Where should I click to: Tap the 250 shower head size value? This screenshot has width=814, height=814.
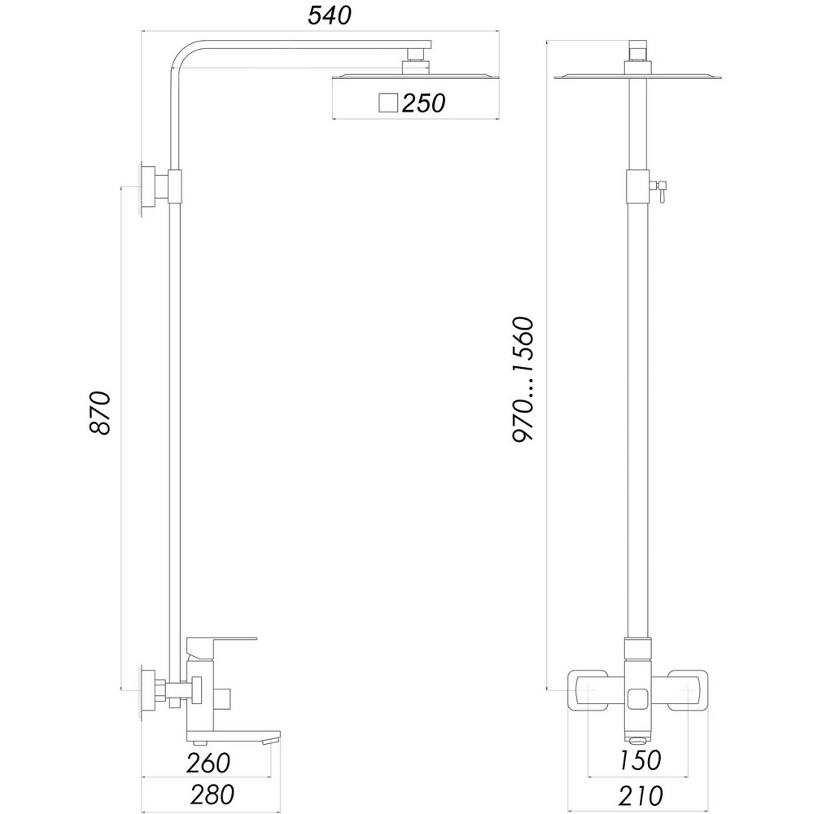[422, 103]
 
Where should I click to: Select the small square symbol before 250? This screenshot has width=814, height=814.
[388, 103]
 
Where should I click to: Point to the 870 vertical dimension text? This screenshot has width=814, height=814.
[98, 413]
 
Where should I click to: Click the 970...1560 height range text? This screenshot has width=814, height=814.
[522, 379]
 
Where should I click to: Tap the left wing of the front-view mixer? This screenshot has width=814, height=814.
[588, 691]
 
